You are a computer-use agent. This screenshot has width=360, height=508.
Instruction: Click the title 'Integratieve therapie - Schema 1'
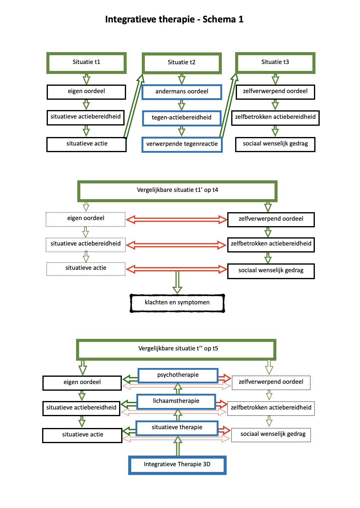click(x=174, y=19)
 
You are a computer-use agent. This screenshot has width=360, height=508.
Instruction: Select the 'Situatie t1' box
click(x=86, y=62)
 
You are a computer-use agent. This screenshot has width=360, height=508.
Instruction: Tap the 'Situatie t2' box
click(x=182, y=63)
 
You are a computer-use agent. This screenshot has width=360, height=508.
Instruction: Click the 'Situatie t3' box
click(x=275, y=62)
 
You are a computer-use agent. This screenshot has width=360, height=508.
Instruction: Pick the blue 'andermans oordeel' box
click(x=182, y=92)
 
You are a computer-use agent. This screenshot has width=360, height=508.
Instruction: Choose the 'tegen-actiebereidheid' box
click(x=182, y=118)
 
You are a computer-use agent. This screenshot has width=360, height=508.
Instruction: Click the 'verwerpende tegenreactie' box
click(x=182, y=144)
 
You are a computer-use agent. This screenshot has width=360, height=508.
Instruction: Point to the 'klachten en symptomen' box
click(x=177, y=303)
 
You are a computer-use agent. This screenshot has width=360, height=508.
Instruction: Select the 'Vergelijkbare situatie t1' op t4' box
click(x=177, y=191)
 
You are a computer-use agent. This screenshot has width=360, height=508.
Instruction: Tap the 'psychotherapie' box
click(x=178, y=375)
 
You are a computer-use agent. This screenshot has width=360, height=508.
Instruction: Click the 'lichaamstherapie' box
click(x=176, y=401)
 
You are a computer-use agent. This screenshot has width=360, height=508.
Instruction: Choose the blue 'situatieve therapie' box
click(x=177, y=428)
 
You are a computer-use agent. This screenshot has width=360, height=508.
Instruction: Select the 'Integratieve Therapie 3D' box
click(x=177, y=465)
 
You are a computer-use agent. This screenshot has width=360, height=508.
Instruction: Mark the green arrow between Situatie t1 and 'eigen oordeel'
click(x=86, y=79)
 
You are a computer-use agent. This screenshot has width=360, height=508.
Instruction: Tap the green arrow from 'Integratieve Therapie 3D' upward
click(x=178, y=446)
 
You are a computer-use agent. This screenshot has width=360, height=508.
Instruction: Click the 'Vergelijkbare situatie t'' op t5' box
click(x=176, y=349)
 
